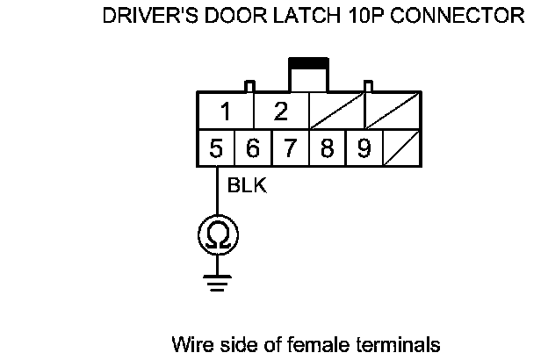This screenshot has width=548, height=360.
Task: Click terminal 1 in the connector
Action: [x=226, y=112]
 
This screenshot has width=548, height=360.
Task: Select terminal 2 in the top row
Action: [x=281, y=112]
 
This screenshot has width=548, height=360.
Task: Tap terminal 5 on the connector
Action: [x=216, y=148]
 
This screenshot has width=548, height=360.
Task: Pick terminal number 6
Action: [x=253, y=148]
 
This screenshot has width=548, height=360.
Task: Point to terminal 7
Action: [x=290, y=148]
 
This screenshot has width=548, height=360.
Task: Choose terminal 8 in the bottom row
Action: [x=327, y=148]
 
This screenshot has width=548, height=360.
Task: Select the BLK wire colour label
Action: [x=247, y=186]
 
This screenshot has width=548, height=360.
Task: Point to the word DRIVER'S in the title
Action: [x=145, y=16]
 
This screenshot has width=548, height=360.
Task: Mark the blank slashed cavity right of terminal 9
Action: [x=400, y=148]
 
